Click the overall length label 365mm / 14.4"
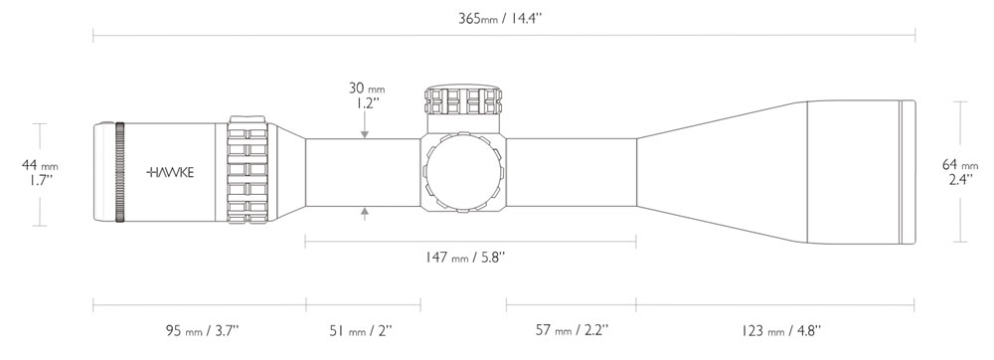(x=500, y=18)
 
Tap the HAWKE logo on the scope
(x=171, y=172)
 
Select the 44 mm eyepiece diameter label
(x=40, y=165)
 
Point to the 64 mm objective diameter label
(x=960, y=165)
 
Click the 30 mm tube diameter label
(x=367, y=89)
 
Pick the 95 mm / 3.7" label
(x=202, y=330)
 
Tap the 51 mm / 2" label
(x=361, y=330)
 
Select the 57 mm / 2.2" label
(x=573, y=330)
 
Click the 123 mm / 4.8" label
(x=780, y=330)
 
